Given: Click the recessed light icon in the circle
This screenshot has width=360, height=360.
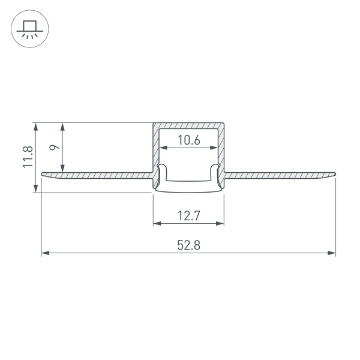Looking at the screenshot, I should coord(28,28).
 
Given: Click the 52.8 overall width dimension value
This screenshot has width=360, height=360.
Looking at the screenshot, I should coord(188,245).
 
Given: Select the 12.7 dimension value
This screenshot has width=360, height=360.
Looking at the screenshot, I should coord(188,214).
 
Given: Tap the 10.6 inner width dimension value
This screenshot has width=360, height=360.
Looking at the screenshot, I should coord(188,141).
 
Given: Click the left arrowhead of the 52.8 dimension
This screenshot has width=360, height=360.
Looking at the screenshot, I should coord(45,254).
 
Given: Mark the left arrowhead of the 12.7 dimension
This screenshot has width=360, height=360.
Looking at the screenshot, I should coord(157,223).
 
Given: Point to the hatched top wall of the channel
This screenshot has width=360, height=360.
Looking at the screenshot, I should coord(188,125).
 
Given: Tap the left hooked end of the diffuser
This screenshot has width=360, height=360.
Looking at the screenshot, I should coord(161,166).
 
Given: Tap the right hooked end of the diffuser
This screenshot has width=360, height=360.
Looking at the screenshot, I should coord(216,166).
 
